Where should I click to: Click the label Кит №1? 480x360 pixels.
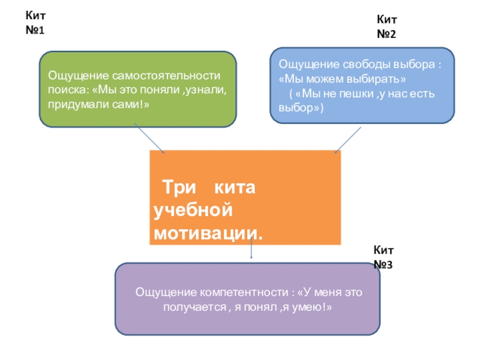(x=35, y=22)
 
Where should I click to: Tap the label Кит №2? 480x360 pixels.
(x=386, y=27)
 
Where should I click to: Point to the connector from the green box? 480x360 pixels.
(x=148, y=138)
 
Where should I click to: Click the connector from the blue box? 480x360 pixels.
(x=347, y=139)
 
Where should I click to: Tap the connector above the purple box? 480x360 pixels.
(x=251, y=253)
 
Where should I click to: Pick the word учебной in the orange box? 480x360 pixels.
(x=192, y=211)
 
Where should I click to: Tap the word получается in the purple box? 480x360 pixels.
(x=190, y=307)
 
